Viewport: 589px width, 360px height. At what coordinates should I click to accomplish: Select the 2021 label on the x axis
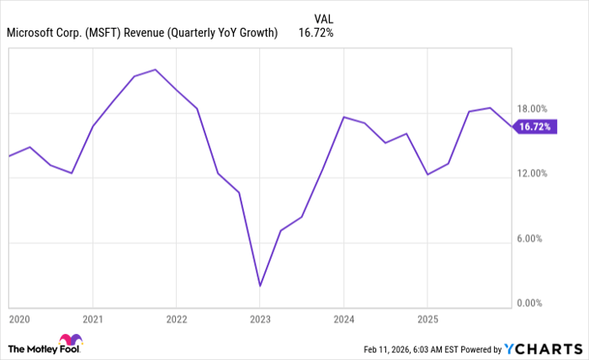pos(93,320)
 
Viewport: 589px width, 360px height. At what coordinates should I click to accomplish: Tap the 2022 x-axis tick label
pos(176,320)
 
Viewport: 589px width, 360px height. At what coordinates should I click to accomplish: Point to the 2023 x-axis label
pos(260,320)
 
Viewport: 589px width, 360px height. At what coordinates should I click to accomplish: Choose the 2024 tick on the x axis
pos(343,320)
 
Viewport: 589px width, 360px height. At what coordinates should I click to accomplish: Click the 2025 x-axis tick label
pos(427,320)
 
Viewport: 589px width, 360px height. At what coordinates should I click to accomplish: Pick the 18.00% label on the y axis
pos(531,109)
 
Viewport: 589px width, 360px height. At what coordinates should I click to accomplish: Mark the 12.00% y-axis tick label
pos(531,173)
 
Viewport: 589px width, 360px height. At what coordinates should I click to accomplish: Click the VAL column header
pos(323,19)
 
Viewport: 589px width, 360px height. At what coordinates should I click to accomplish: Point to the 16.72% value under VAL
pos(316,34)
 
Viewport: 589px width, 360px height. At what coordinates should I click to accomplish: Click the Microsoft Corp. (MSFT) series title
pos(142,34)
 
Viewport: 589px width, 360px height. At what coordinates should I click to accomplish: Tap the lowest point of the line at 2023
pos(260,286)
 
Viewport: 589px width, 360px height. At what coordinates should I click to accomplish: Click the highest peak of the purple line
pos(156,69)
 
